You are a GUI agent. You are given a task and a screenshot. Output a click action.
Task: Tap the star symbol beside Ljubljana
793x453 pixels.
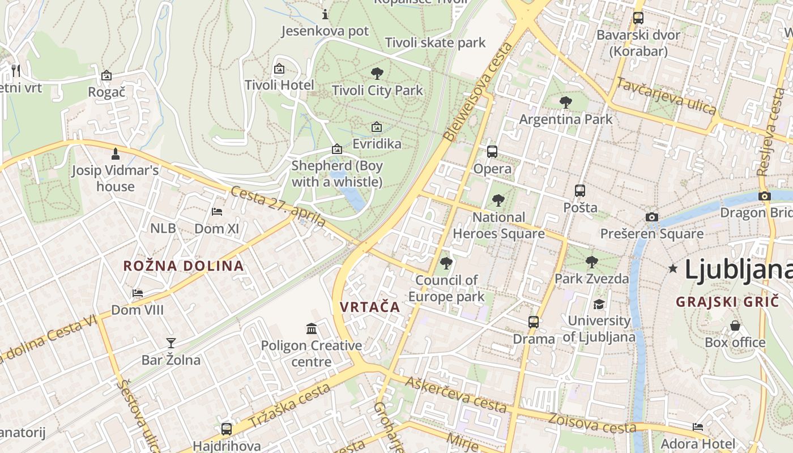pos(673,268)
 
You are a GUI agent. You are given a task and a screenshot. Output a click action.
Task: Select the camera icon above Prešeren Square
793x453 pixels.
pos(652,217)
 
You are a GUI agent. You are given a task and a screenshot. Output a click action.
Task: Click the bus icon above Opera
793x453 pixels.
pos(492,152)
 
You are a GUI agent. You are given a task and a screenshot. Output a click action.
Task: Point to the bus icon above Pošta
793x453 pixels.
pos(580,191)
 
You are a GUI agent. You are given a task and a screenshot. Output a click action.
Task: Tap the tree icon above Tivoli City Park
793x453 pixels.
pos(377,73)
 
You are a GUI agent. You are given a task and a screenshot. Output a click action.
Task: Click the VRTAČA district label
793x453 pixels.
pos(370,307)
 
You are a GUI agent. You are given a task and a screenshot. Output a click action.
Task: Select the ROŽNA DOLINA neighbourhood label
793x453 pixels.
pos(184,266)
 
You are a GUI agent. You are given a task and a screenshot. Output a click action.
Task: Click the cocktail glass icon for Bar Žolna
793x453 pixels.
pos(170,343)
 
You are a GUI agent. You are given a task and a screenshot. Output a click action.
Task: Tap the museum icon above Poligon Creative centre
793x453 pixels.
pos(312,328)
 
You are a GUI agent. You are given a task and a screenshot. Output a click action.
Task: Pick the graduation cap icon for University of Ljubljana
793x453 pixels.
pos(599,304)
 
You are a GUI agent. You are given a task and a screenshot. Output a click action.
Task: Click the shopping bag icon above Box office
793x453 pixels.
pos(735,326)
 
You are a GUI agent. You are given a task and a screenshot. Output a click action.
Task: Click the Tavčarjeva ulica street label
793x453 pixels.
pos(666,96)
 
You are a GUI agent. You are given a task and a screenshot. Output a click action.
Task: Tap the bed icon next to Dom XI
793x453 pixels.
pos(216,212)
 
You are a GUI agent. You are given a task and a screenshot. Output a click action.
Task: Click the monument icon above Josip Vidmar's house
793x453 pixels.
pos(116,153)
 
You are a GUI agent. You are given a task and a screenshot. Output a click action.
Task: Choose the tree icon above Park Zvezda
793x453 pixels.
pos(592,262)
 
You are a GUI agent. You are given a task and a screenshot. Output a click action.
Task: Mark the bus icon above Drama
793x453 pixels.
pos(533,322)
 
